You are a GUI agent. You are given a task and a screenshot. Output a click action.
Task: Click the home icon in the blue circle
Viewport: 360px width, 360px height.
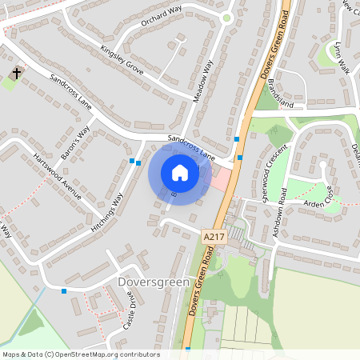pos(179,173)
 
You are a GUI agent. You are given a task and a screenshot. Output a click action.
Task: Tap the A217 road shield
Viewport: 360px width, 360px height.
pos(214,237)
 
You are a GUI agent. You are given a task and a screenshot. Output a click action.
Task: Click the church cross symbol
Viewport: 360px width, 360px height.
pos(15,74)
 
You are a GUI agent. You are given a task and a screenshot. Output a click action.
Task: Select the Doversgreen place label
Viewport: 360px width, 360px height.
pos(149,282)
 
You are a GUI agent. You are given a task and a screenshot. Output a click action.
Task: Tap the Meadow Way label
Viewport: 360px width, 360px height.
pos(206,80)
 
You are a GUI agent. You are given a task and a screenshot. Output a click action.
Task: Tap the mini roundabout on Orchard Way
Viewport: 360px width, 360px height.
pos(226,18)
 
